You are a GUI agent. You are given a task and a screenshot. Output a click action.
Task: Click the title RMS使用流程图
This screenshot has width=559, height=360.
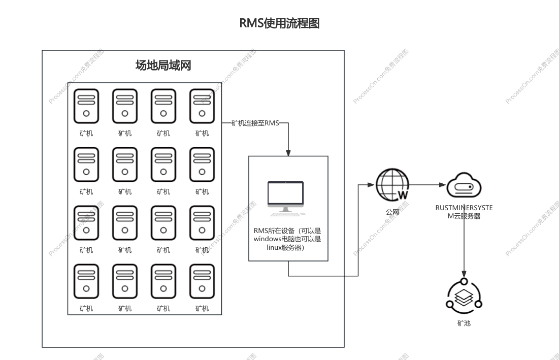(x=279, y=23)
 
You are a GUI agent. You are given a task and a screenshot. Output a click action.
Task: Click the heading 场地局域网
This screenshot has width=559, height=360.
(x=163, y=65)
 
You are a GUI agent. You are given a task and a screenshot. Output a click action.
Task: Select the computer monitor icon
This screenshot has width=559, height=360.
(x=285, y=197)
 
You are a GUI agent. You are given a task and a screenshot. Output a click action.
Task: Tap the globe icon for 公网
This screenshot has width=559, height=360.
(x=392, y=185)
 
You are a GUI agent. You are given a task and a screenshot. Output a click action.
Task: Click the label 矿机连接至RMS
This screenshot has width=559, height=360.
(x=255, y=123)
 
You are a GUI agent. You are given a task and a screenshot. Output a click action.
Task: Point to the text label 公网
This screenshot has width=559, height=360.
(x=392, y=212)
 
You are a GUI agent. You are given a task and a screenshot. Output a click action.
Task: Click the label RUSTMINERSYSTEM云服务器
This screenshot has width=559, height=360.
(x=464, y=212)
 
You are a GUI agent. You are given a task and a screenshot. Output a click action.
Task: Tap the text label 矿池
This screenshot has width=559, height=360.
(x=464, y=323)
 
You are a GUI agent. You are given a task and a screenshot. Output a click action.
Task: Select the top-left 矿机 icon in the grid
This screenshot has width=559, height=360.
(x=86, y=106)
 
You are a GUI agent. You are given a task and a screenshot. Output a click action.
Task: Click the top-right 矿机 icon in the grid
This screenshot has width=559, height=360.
(x=202, y=106)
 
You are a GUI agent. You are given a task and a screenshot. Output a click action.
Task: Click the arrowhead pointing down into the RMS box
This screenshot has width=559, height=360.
(x=288, y=153)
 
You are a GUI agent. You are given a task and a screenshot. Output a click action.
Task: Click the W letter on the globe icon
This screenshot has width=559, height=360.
(x=403, y=194)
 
